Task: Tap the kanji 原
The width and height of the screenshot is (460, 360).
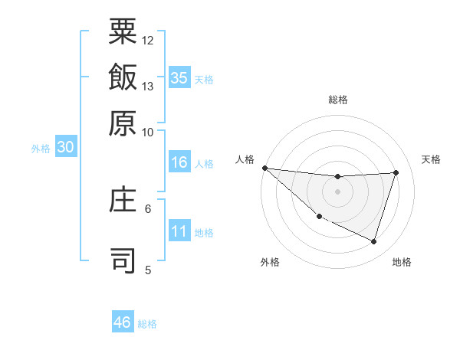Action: click(x=123, y=123)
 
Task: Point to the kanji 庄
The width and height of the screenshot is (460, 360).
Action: click(x=123, y=200)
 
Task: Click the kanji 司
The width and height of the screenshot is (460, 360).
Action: click(x=123, y=261)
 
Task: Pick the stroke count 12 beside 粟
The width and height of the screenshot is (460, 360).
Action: click(x=148, y=40)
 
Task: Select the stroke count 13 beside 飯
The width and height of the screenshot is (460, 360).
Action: click(x=148, y=86)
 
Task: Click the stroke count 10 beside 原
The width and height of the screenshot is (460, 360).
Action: click(x=148, y=132)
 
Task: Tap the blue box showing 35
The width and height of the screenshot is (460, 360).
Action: click(x=179, y=77)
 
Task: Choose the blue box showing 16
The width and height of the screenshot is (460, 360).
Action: click(x=179, y=162)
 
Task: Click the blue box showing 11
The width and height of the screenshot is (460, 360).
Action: click(x=179, y=231)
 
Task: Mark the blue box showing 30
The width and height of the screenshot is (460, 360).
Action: click(x=65, y=147)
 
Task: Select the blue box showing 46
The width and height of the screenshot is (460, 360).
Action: click(x=123, y=322)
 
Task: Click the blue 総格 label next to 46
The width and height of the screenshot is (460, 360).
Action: click(x=147, y=324)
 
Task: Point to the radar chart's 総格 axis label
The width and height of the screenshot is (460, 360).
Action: click(x=337, y=100)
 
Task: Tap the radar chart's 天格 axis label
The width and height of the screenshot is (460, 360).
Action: click(x=432, y=159)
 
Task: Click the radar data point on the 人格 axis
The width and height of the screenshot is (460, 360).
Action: click(x=264, y=168)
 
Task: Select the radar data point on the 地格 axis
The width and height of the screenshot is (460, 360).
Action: click(x=374, y=242)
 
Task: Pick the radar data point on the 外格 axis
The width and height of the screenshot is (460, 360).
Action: click(x=319, y=217)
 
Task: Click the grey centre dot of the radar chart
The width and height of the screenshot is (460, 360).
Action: click(x=337, y=191)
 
